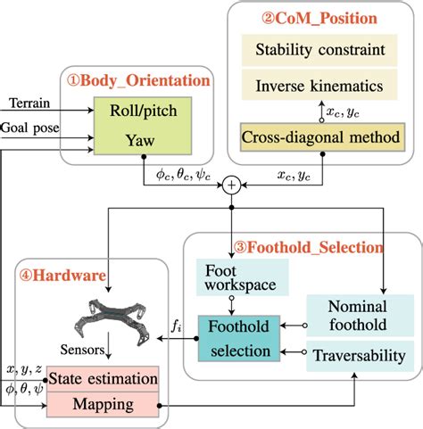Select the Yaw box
click(135, 140)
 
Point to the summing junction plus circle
click(232, 185)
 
